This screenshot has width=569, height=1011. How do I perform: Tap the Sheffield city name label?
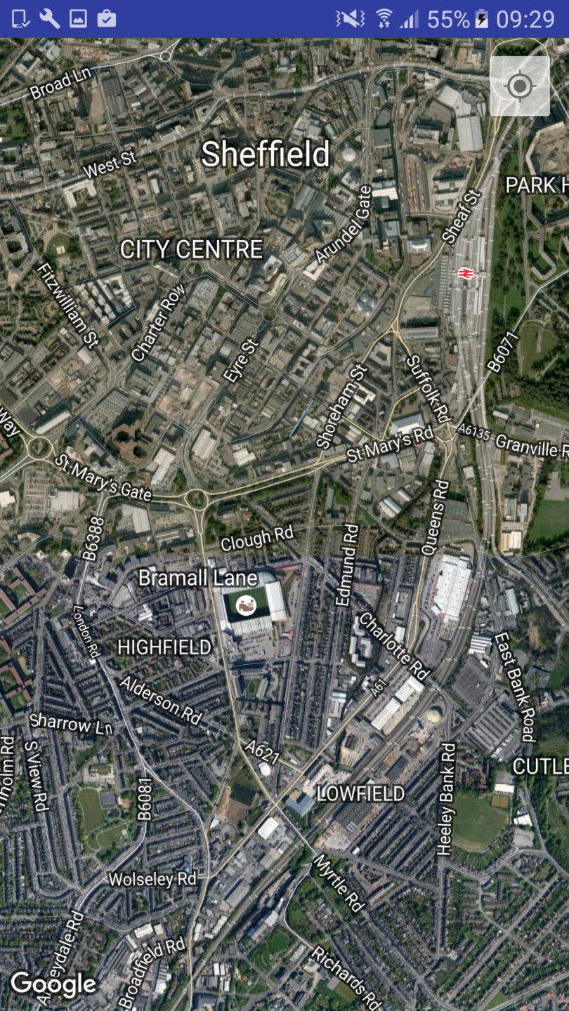pos(266,154)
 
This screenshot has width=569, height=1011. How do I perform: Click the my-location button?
pos(520,86)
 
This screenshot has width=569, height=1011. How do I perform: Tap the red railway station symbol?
pos(464,273)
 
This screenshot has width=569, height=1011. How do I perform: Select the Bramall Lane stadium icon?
pos(245,604)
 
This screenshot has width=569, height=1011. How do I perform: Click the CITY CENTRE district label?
pos(191,249)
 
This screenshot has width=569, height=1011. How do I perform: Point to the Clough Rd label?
pos(256,538)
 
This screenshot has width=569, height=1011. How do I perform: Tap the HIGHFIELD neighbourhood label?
pos(164,647)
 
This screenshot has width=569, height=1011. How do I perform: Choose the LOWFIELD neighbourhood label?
pos(361,793)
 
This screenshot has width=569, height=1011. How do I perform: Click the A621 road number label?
pos(263,753)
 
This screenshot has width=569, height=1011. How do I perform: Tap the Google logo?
pos(53,984)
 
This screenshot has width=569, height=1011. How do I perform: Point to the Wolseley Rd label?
pos(152,879)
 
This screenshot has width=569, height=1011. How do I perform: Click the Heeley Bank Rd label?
pos(446,799)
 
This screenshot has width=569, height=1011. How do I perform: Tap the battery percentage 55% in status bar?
pos(447,19)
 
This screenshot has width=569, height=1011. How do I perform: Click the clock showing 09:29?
pos(525,19)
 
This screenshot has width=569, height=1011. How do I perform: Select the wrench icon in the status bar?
pos(49,18)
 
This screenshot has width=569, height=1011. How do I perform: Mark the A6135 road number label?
pos(473,433)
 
